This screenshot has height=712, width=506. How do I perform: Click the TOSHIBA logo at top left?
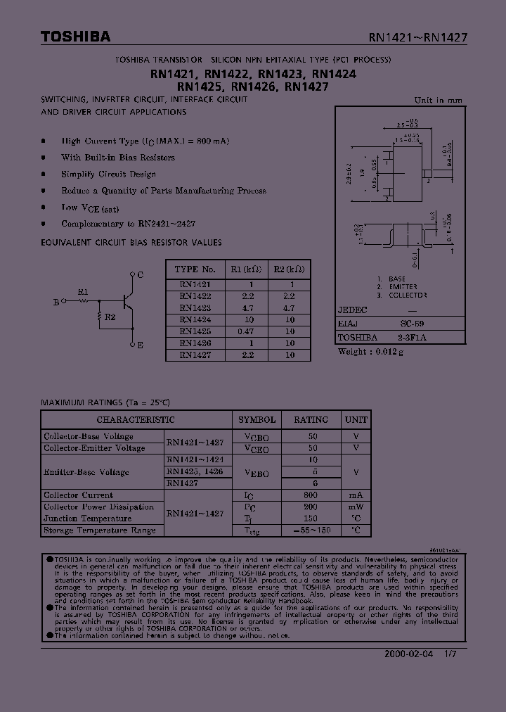coord(75,37)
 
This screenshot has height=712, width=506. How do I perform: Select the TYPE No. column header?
coord(195,269)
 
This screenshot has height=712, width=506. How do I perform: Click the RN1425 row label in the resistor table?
coord(195,330)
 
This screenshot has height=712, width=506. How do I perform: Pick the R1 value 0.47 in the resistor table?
coord(246,330)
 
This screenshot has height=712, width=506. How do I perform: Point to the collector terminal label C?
coord(141,274)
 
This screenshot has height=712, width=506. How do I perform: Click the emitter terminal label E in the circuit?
coord(141,345)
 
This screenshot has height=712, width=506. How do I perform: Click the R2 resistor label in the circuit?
coord(110,317)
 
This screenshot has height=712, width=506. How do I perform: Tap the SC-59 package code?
coord(412,324)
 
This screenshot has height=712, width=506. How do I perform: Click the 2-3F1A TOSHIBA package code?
coord(412,338)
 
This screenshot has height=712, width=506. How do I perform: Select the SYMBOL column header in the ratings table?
coord(257,420)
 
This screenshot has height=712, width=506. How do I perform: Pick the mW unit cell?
coord(356,507)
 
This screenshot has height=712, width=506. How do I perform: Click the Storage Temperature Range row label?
coord(100,530)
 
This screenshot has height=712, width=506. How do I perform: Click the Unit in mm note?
coord(438,100)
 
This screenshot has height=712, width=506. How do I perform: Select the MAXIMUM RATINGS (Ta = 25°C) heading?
coord(105,402)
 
